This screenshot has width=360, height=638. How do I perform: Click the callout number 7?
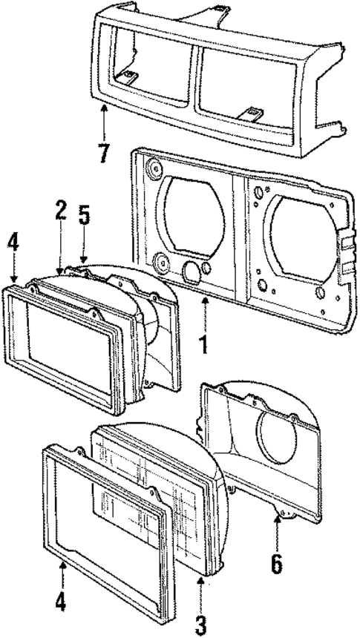103,153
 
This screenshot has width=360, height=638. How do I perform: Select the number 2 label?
61,211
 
